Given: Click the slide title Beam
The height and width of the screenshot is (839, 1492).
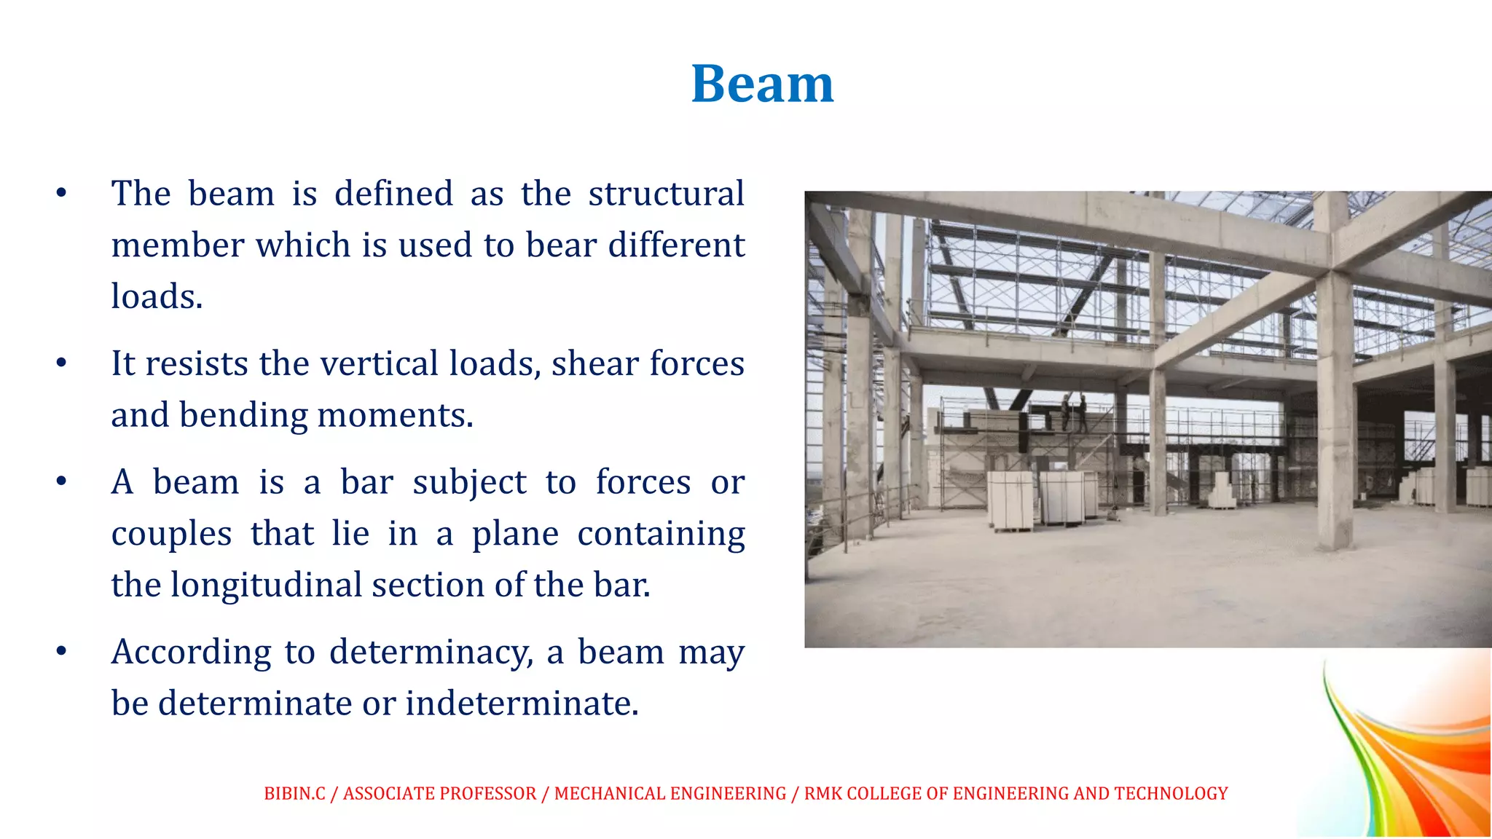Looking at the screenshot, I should point(762,84).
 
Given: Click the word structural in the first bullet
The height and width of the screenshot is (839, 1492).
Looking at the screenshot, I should point(666,194).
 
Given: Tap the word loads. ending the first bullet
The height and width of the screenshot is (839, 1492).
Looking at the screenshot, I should point(157,297).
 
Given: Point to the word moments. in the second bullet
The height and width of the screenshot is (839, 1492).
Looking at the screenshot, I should point(395,416).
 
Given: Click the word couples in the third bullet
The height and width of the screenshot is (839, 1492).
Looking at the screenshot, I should point(171,535).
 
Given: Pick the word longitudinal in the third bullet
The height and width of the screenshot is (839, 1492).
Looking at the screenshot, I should point(266,586).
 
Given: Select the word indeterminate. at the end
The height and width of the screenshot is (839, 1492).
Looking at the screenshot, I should point(522,704).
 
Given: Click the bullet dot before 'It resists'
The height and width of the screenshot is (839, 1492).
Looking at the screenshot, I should point(61,363).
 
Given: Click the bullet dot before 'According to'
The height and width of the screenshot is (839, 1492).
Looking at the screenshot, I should point(61,651).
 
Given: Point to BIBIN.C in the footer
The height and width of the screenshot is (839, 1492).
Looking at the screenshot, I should point(294,794).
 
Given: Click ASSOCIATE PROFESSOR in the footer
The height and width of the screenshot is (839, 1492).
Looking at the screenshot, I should point(439,794).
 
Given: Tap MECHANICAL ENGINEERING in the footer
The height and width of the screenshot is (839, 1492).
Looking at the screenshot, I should point(670,794).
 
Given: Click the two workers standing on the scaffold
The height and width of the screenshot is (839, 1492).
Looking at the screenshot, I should point(1074,412).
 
